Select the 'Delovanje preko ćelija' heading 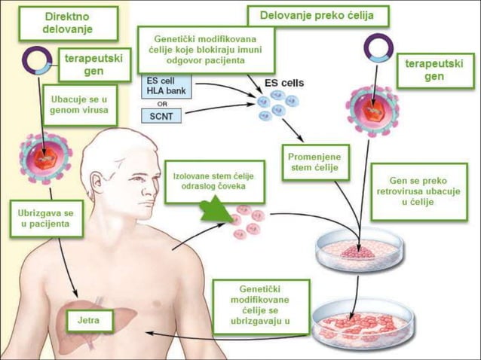(x=320, y=16)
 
